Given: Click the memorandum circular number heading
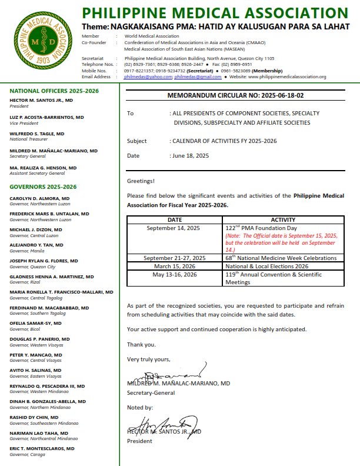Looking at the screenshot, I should coord(235,95).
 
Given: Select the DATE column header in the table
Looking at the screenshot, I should coord(175,219).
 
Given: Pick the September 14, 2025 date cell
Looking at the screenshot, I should coord(175,227).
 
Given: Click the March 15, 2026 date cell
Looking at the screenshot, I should coord(175,266).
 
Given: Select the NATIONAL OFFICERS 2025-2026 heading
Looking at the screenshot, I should coord(54,91).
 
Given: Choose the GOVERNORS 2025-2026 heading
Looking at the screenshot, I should coord(43,187).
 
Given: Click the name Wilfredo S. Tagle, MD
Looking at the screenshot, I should coord(37,134).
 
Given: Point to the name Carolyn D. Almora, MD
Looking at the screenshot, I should coord(39,198).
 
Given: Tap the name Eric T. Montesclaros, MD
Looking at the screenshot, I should coord(42,448).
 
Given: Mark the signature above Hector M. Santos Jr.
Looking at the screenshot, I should coord(164,423).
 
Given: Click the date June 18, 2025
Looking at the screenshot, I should coord(191,155).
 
